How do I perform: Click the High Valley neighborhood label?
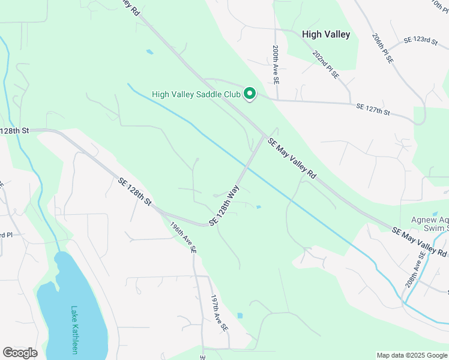326,35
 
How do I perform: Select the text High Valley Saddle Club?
196,94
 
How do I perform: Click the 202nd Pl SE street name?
326,65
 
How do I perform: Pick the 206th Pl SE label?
382,49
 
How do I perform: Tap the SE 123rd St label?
421,40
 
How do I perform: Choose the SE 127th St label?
373,109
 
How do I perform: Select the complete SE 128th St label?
135,191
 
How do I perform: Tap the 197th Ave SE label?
219,313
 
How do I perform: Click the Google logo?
20,353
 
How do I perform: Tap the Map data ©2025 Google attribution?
412,355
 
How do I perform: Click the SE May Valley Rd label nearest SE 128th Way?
292,158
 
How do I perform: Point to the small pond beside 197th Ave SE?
240,316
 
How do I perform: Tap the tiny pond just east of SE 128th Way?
258,208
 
